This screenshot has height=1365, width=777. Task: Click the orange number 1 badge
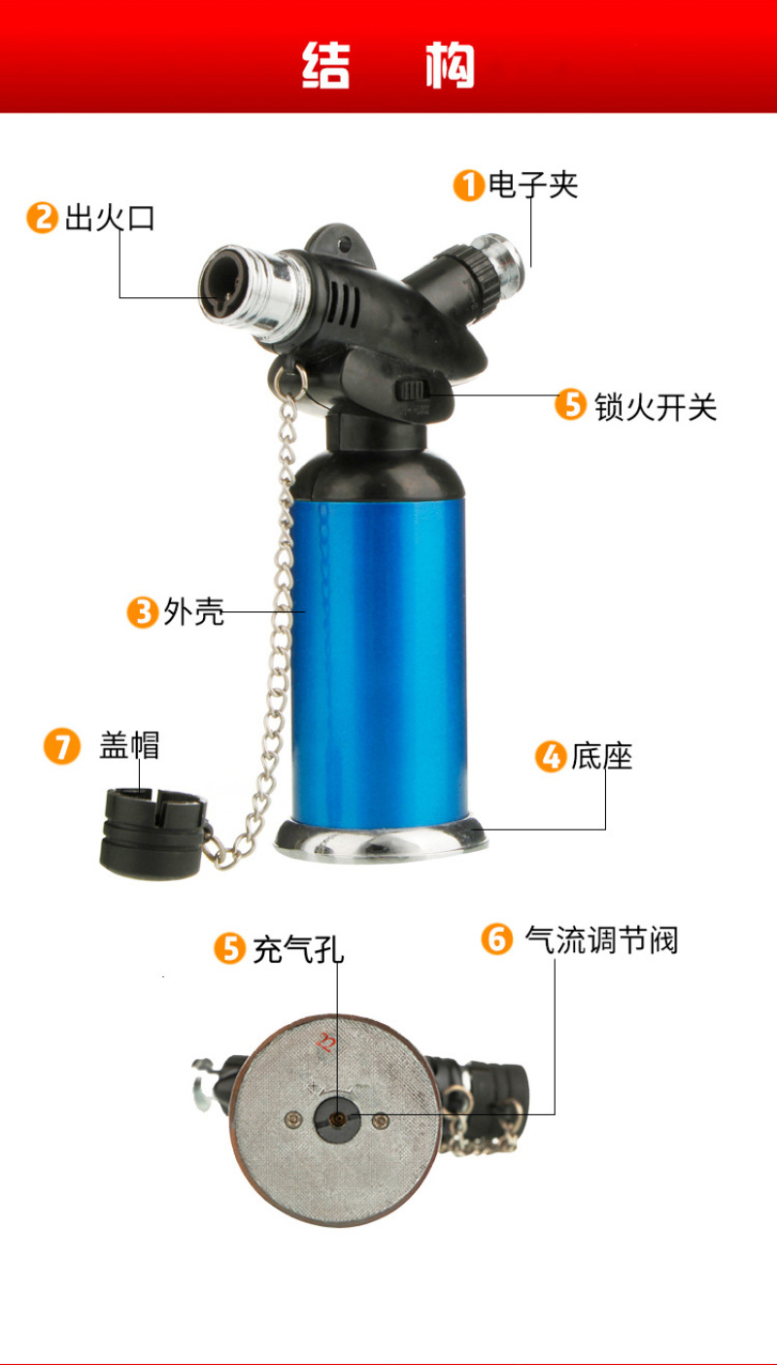(x=469, y=186)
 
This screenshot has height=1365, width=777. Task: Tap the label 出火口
(x=110, y=218)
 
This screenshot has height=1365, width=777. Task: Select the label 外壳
(x=194, y=612)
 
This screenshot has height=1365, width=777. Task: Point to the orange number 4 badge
(x=551, y=756)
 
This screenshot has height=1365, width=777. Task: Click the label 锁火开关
(x=656, y=406)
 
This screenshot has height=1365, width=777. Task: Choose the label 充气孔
(x=298, y=949)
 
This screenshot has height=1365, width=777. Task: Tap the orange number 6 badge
(x=496, y=939)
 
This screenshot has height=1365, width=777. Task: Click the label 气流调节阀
(x=602, y=939)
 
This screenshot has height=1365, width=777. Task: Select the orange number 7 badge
(x=61, y=746)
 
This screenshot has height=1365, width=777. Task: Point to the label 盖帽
(x=129, y=745)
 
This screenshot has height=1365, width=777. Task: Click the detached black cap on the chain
(x=153, y=834)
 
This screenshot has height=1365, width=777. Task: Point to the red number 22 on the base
(x=325, y=1043)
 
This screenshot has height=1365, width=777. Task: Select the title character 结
(x=326, y=65)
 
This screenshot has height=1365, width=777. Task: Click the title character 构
(x=450, y=65)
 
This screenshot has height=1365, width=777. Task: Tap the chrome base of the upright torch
(x=381, y=841)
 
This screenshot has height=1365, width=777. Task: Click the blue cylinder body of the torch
(x=379, y=662)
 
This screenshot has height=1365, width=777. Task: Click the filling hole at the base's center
(x=337, y=1119)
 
